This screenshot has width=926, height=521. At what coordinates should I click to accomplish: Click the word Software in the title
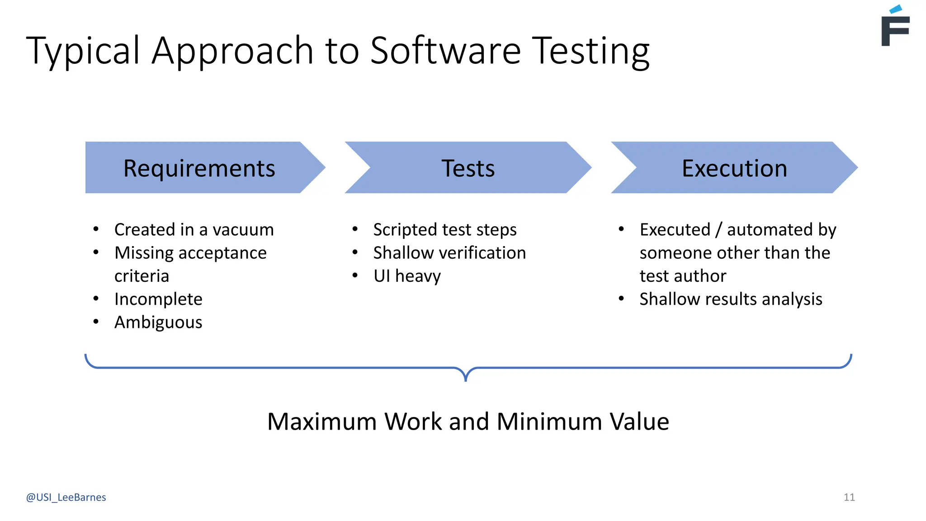pyautogui.click(x=445, y=51)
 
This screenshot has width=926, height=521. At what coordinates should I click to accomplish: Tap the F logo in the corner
pyautogui.click(x=895, y=27)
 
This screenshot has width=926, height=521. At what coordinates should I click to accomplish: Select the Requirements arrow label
pyautogui.click(x=199, y=168)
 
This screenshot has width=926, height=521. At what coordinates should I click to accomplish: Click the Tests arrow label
pyautogui.click(x=468, y=168)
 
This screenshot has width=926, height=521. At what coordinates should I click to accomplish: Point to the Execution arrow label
pyautogui.click(x=734, y=168)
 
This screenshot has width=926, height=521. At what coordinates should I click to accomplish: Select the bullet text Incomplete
pyautogui.click(x=158, y=299)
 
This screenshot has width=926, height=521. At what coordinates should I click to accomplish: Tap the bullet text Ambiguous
pyautogui.click(x=158, y=322)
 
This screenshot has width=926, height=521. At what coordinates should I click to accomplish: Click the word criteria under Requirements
pyautogui.click(x=142, y=276)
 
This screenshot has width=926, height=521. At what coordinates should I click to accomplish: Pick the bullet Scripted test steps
pyautogui.click(x=445, y=230)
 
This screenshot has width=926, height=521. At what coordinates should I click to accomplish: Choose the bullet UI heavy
pyautogui.click(x=407, y=276)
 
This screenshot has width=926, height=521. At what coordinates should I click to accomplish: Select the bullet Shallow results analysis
pyautogui.click(x=731, y=299)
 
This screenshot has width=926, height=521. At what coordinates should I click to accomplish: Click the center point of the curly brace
pyautogui.click(x=466, y=374)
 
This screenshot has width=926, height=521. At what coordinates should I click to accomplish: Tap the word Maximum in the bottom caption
pyautogui.click(x=322, y=422)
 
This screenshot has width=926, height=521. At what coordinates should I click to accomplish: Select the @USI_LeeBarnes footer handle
pyautogui.click(x=66, y=497)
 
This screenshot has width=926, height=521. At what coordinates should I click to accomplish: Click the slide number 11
pyautogui.click(x=849, y=497)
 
